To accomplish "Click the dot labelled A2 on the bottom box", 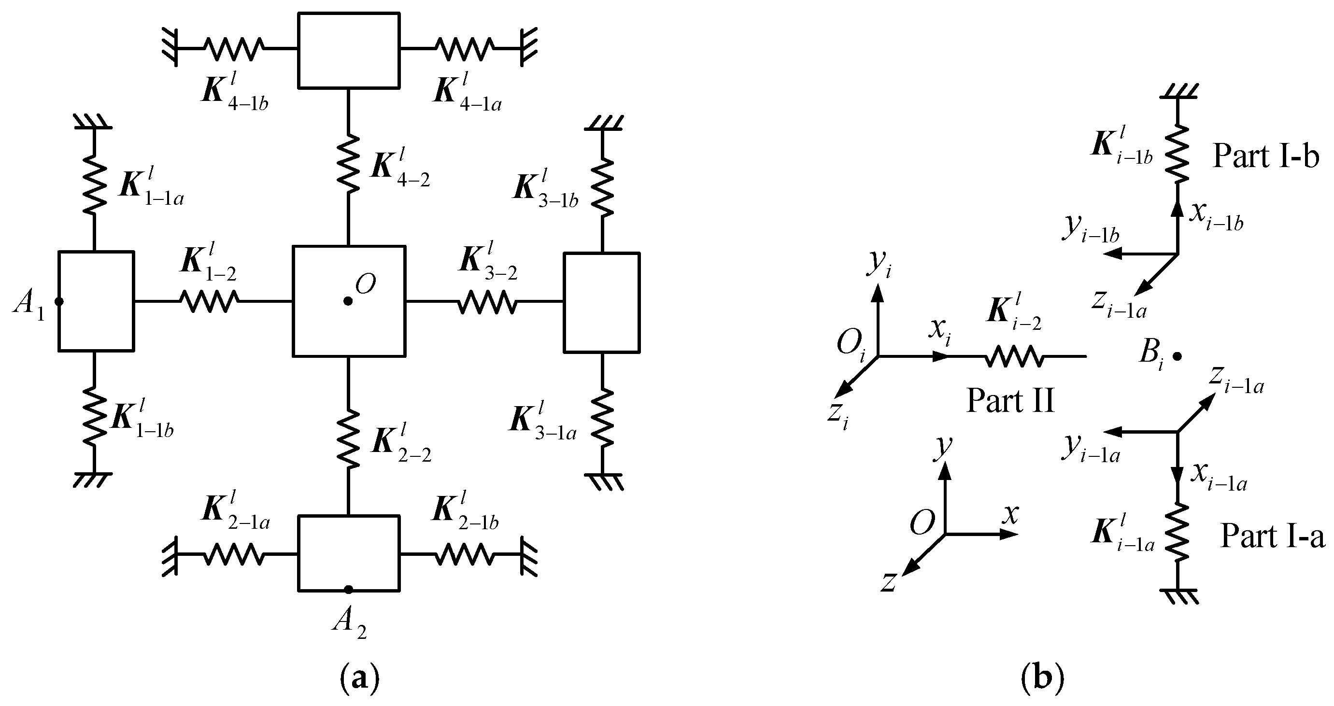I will pyautogui.click(x=349, y=590).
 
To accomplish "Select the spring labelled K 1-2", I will pyautogui.click(x=209, y=301).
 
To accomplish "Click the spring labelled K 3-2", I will pyautogui.click(x=487, y=301).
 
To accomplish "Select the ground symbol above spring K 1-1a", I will pyautogui.click(x=93, y=122).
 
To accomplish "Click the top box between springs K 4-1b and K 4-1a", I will pyautogui.click(x=348, y=50).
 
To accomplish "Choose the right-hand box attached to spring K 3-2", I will pyautogui.click(x=601, y=302).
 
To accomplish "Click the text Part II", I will pyautogui.click(x=1010, y=401).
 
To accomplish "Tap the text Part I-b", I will pyautogui.click(x=1265, y=156).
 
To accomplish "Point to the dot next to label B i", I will pyautogui.click(x=1177, y=356).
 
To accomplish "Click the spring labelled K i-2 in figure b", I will pyautogui.click(x=1013, y=356).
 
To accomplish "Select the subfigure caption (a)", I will pyautogui.click(x=360, y=677).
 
